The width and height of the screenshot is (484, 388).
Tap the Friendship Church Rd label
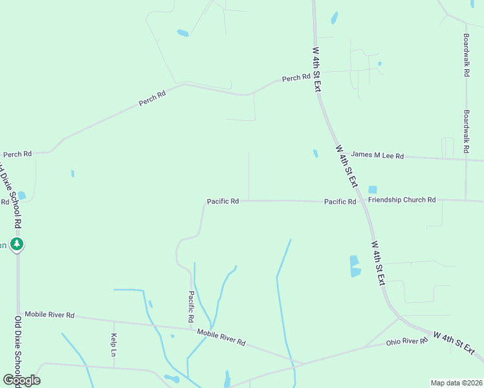[402, 200]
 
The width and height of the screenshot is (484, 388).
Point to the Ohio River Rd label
[406, 341]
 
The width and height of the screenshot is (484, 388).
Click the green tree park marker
[17, 244]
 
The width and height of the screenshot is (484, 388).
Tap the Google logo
[21, 380]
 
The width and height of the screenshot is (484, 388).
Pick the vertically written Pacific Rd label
[192, 307]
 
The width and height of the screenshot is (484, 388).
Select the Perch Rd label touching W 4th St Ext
[296, 78]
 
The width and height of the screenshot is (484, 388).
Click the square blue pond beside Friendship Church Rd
[372, 189]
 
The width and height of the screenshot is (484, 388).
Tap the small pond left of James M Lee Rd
[315, 154]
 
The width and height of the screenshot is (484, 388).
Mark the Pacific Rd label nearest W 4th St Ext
[340, 202]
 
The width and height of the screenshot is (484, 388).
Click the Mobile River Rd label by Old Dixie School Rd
[49, 315]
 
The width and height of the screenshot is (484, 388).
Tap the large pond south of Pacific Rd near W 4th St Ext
[355, 266]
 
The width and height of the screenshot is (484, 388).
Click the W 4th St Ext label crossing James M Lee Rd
[346, 166]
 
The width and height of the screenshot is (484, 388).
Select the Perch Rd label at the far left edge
[17, 155]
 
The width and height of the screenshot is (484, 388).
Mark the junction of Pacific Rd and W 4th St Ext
[364, 201]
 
